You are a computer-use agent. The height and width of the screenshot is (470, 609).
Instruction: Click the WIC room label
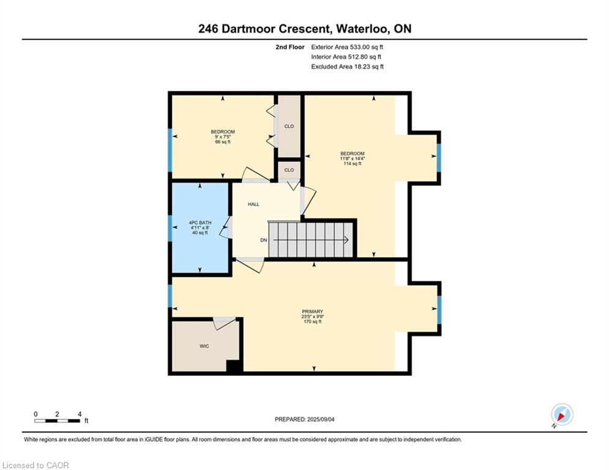click(204, 346)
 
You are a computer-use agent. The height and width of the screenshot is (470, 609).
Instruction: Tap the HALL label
click(253, 204)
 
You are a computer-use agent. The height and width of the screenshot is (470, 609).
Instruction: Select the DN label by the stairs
click(264, 241)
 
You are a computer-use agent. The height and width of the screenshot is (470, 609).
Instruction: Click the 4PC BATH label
click(200, 223)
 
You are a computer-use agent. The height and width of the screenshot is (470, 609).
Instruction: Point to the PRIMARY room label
click(313, 311)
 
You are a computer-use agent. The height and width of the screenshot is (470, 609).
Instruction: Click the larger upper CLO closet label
click(289, 126)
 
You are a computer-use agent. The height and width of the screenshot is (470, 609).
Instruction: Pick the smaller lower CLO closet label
click(289, 170)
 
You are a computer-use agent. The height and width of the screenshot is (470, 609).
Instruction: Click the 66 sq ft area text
click(223, 142)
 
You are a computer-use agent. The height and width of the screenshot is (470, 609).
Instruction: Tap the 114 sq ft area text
click(353, 164)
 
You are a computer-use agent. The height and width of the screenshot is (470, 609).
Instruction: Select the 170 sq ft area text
click(313, 322)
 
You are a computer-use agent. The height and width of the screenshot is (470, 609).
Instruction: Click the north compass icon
click(562, 414)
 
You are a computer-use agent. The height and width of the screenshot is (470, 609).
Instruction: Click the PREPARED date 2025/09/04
click(321, 419)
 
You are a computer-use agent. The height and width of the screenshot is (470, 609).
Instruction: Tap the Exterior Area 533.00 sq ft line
click(347, 47)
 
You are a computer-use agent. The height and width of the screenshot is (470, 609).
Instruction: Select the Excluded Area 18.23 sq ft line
click(347, 67)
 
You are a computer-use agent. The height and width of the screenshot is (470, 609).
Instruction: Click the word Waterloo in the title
click(363, 29)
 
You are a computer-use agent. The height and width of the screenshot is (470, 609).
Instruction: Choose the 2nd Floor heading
click(290, 47)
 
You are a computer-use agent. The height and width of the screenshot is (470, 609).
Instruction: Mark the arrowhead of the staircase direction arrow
click(346, 241)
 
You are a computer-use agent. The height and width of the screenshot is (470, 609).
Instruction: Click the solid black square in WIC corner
click(233, 366)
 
